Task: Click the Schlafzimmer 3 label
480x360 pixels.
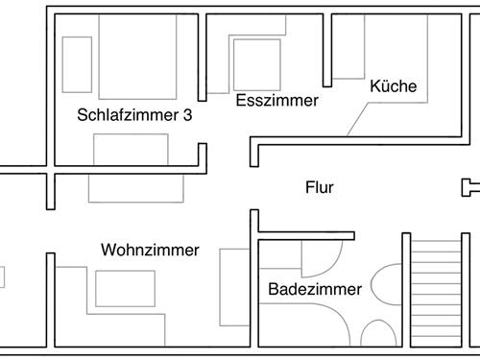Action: (x=134, y=114)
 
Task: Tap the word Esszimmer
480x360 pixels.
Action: (x=276, y=99)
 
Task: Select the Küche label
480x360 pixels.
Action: (x=394, y=86)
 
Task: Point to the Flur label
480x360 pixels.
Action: (x=320, y=188)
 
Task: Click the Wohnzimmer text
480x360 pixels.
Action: (x=150, y=251)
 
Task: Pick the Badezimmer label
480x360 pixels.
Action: (x=315, y=289)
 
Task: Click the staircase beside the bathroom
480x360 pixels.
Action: (x=437, y=293)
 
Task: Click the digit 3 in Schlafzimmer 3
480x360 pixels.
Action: (x=187, y=114)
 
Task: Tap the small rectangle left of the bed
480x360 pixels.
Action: (x=76, y=64)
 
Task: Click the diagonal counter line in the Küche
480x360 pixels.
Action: (x=362, y=117)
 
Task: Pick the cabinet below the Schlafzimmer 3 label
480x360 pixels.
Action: (x=131, y=150)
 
